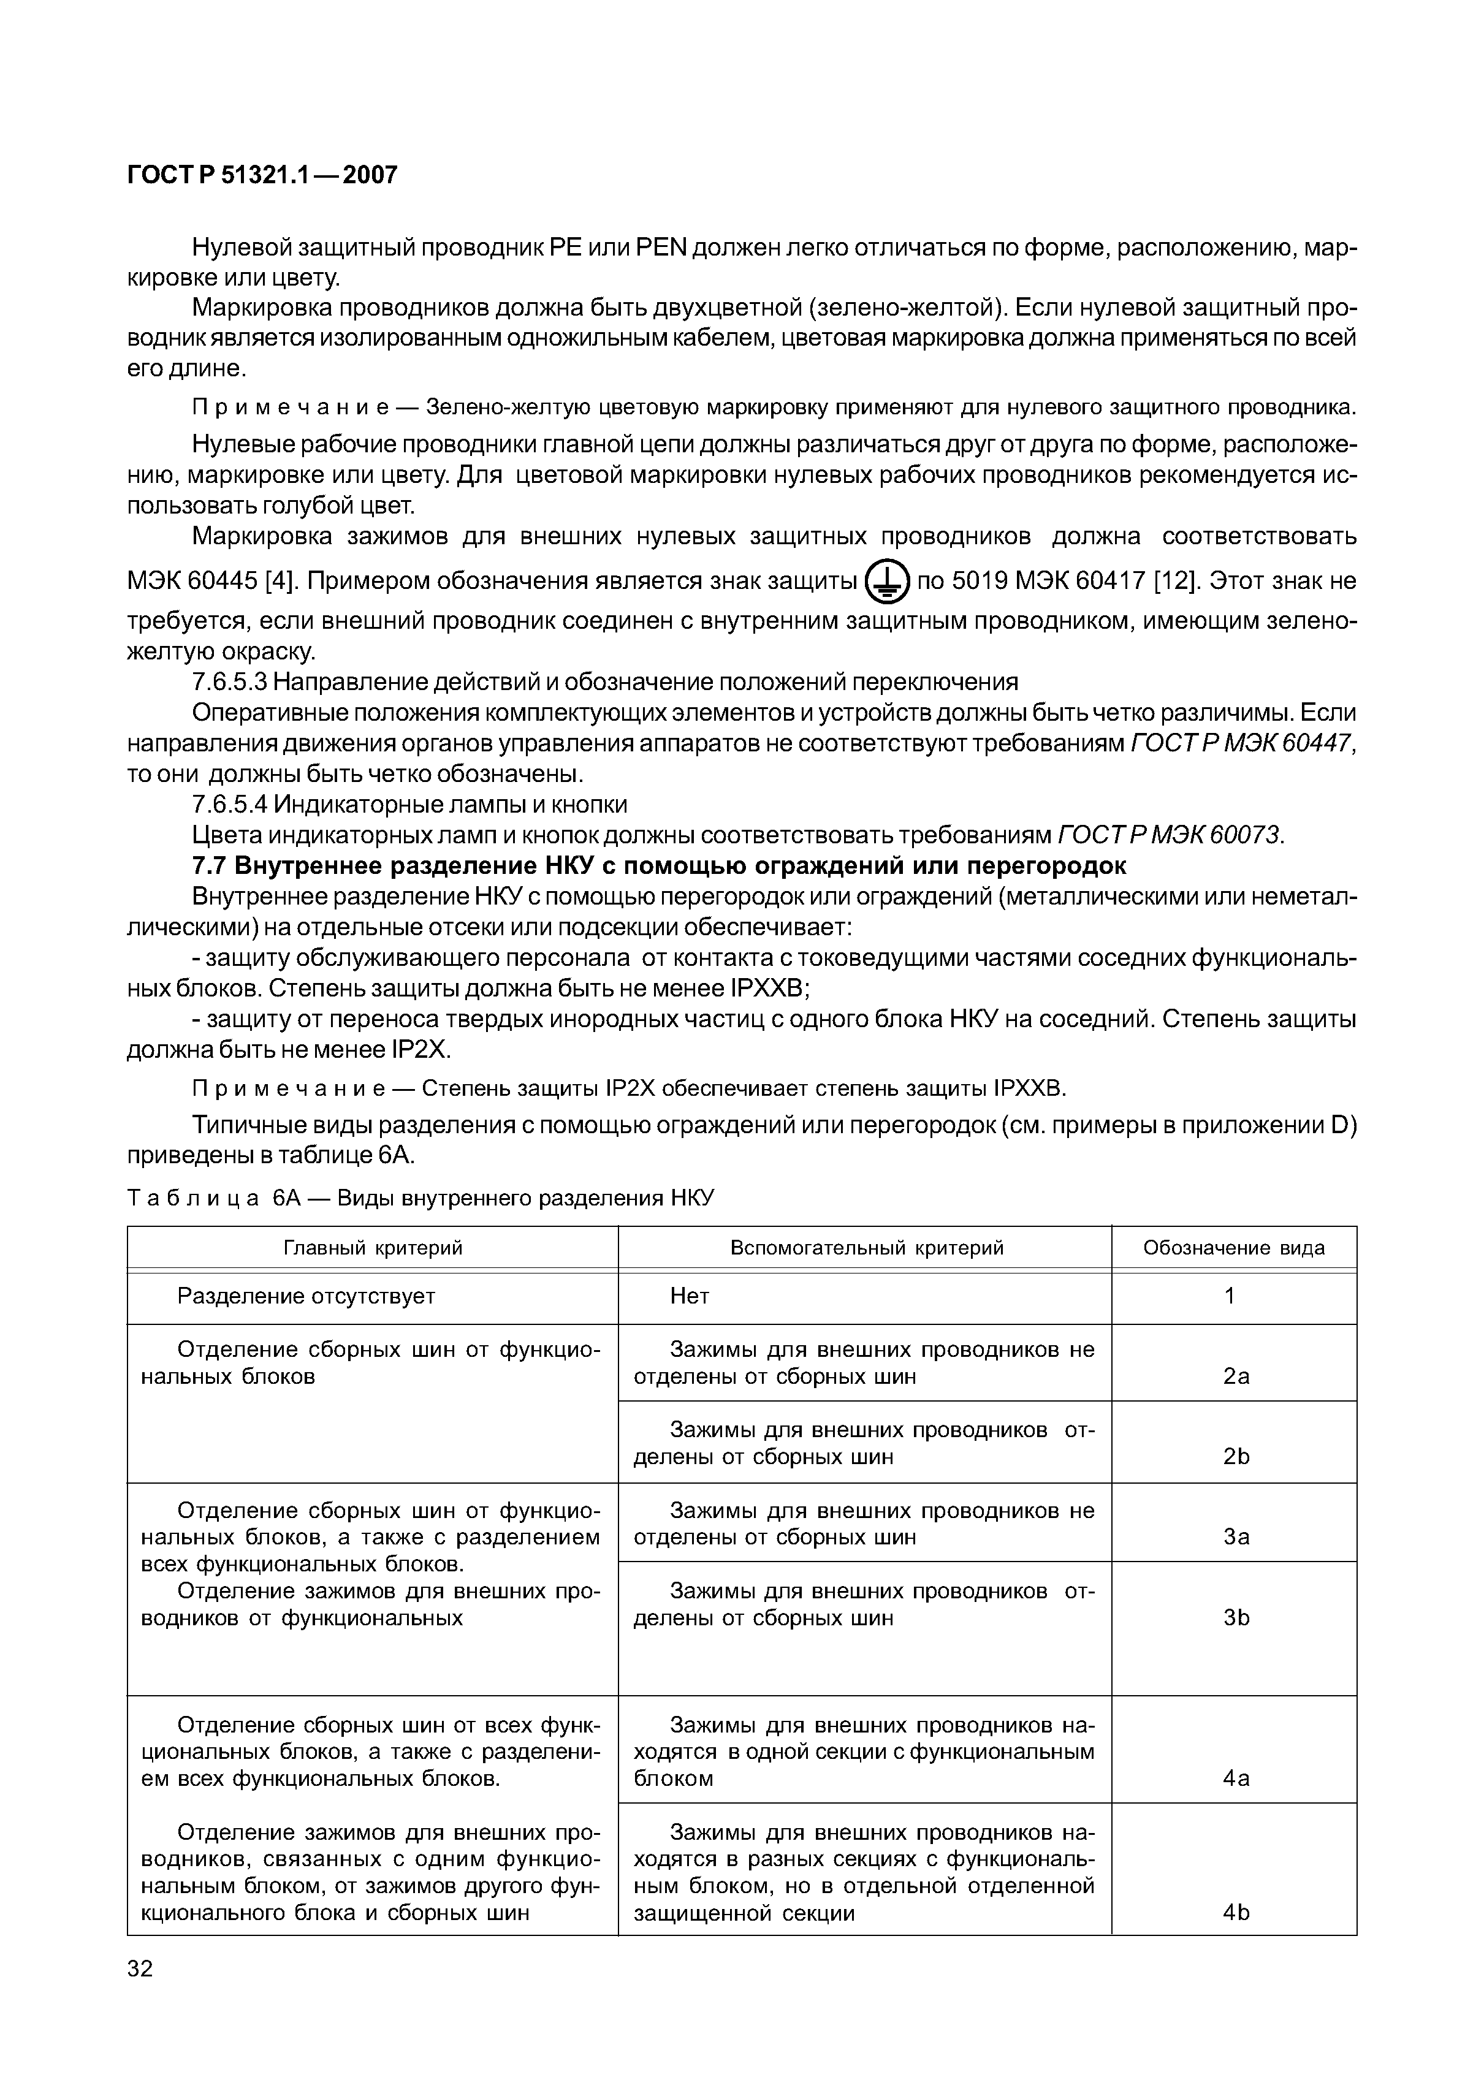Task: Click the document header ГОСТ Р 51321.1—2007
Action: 262,175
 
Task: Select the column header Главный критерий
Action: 373,1248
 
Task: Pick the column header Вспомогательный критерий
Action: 866,1248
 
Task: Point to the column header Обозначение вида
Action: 1233,1248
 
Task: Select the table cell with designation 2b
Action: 1235,1456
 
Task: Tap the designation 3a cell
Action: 1235,1537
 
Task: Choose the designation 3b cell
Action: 1235,1617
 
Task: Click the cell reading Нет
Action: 690,1296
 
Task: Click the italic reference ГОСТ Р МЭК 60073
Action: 1170,835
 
